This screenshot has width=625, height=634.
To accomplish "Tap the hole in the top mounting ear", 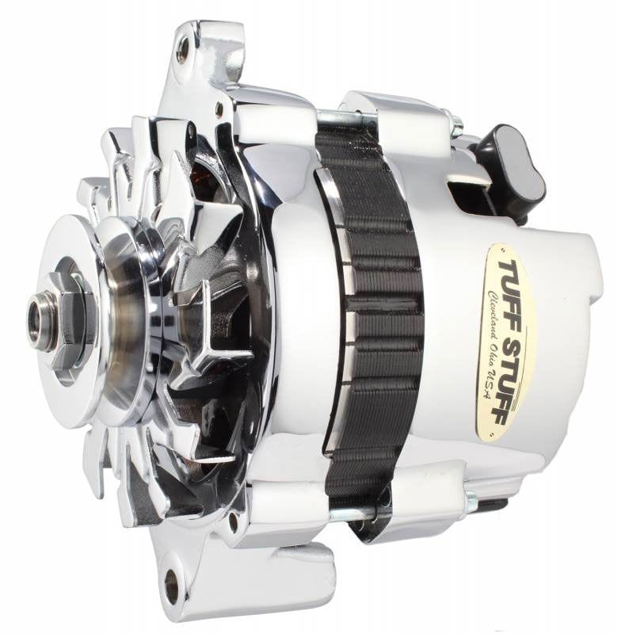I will pyautogui.click(x=185, y=50).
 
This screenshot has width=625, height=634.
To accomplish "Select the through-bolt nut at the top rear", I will pyautogui.click(x=455, y=122).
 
